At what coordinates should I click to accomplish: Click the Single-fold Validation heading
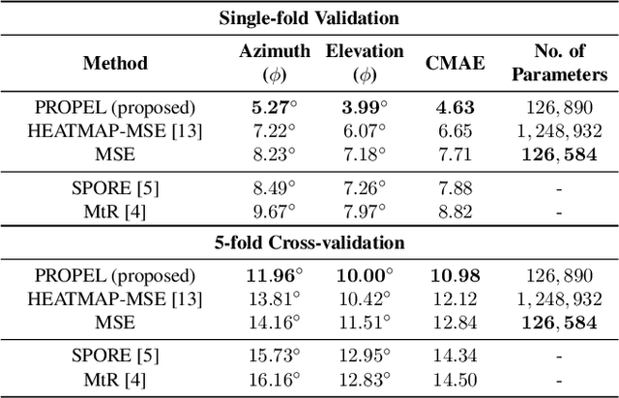[x=309, y=18]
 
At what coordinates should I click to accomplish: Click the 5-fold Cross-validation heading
[x=309, y=242]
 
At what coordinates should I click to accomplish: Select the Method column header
[x=115, y=63]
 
